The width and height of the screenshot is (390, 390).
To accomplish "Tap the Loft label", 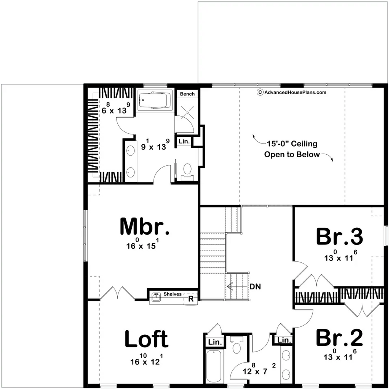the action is [147, 339].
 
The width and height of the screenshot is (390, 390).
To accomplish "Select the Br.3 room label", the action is [339, 237].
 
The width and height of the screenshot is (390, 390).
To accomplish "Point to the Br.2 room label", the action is [339, 337].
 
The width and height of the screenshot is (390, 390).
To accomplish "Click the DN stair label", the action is [255, 287].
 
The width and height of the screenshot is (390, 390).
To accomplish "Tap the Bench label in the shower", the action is [187, 94].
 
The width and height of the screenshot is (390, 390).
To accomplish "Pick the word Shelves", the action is [173, 294].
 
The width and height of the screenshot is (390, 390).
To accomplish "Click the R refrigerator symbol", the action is [191, 299].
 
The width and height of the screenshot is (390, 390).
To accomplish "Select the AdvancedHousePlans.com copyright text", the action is [291, 93].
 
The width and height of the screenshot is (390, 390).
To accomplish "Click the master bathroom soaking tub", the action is [155, 101].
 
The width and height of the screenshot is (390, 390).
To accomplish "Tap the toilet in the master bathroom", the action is [187, 172].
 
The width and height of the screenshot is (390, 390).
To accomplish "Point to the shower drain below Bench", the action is [187, 113].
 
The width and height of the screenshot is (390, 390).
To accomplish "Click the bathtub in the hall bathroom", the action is [214, 366].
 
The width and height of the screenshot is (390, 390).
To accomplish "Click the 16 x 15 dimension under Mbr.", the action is [142, 244].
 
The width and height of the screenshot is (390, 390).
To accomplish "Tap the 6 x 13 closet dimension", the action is [116, 109].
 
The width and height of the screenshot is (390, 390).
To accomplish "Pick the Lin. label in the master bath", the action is [184, 141].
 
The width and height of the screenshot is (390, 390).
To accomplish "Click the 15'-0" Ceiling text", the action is [292, 144].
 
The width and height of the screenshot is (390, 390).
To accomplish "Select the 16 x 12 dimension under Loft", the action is [147, 360].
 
